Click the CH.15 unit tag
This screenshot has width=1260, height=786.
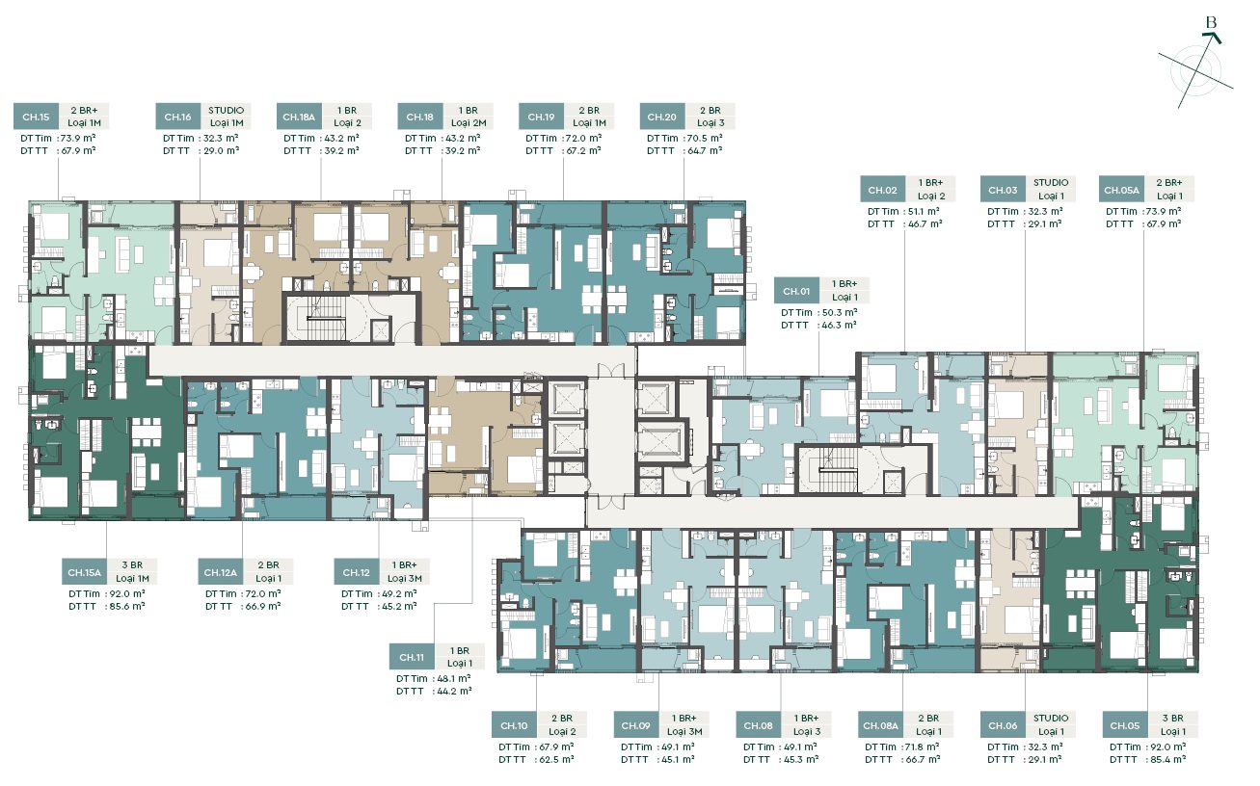point(36,117)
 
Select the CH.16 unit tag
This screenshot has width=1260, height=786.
point(177,117)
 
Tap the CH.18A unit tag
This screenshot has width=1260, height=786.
point(299,117)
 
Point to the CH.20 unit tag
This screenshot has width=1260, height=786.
point(661,117)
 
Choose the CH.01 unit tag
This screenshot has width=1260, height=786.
point(796,291)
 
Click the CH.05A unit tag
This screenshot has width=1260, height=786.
point(1121,190)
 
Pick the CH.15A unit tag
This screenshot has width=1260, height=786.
point(85,572)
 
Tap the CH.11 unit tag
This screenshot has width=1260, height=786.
point(412,657)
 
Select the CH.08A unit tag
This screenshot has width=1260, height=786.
point(881,725)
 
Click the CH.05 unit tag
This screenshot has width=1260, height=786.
point(1125,725)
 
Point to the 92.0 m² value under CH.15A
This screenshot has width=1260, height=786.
point(127,594)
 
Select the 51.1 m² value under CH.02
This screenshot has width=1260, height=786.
point(924,211)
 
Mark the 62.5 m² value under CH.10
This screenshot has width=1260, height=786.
point(556,759)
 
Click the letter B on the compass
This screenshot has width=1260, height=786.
point(1211,22)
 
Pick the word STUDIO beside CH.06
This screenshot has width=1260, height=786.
point(1051,718)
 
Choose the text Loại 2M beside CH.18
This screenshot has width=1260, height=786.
point(469,123)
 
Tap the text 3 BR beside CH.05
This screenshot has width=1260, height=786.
point(1173,718)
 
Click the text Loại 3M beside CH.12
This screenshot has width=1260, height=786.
point(405,578)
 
